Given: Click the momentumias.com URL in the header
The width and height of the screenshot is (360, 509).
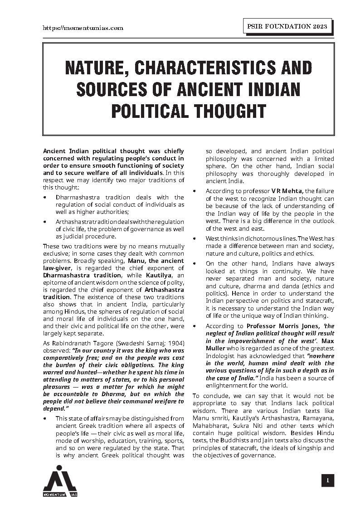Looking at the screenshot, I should click(83, 28).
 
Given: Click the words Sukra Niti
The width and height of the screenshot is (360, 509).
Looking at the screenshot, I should click(250, 426).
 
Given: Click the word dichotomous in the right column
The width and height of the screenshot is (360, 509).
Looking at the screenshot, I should click(253, 238).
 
